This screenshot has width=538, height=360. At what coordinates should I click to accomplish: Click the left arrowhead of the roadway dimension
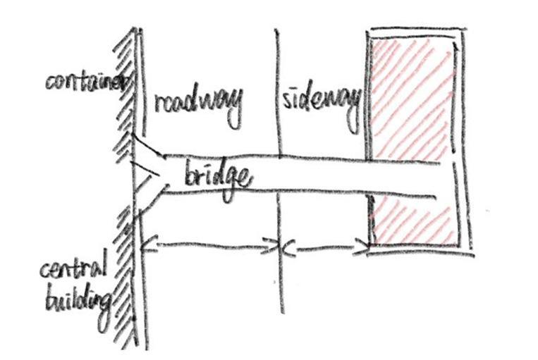[144, 245]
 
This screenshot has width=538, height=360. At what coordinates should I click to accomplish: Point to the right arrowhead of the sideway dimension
[365, 247]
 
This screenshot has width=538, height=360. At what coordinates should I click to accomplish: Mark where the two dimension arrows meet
[282, 247]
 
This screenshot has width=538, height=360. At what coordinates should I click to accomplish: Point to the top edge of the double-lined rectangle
[416, 32]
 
